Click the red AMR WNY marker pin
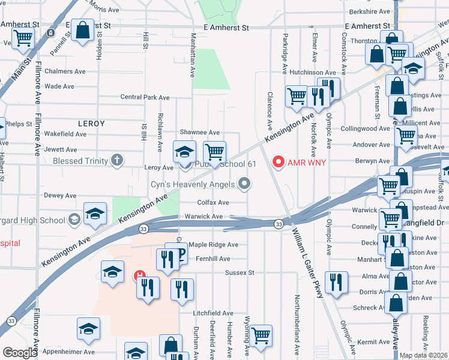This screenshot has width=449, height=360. coord(278,162)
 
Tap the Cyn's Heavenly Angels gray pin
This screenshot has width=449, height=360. coord(244,184)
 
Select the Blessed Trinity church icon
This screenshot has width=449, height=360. coord(117,161)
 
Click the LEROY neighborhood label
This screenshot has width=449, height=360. coord(91,124)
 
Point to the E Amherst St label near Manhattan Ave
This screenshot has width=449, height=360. coord(226,28)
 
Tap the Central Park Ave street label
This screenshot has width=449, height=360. coord(145,97)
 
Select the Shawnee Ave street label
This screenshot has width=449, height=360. coord(200,133)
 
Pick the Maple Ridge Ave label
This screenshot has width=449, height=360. coord(213,245)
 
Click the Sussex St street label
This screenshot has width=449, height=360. coord(240,272)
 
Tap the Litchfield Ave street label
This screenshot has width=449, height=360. coord(212,313)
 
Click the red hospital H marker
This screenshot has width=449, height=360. coord(139,276)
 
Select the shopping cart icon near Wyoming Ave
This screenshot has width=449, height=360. coord(261,335)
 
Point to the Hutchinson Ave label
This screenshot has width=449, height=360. coord(310,72)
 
